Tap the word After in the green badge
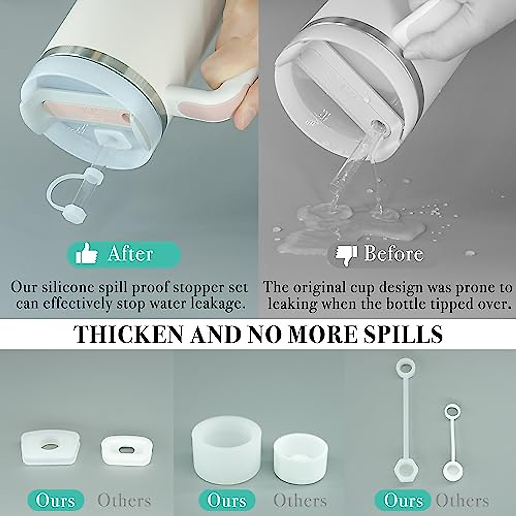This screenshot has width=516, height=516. (130, 254)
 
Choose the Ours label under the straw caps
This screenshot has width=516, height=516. (403, 501)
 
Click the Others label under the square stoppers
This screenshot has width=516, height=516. (125, 501)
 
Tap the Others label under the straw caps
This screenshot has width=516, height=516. (462, 501)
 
